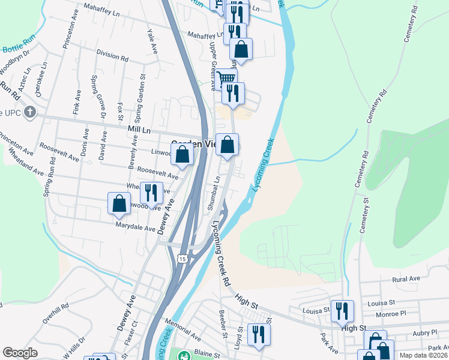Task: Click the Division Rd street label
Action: tap(112, 58)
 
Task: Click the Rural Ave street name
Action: tap(405, 279)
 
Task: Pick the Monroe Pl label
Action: tap(394, 313)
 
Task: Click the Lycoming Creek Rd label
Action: tap(222, 261)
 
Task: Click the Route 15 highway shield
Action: tap(181, 258)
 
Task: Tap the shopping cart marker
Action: tap(226, 78)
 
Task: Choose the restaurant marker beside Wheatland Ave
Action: tap(151, 193)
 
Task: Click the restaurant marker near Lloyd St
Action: tap(259, 334)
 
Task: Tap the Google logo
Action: tap(20, 353)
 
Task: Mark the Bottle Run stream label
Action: tap(20, 45)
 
